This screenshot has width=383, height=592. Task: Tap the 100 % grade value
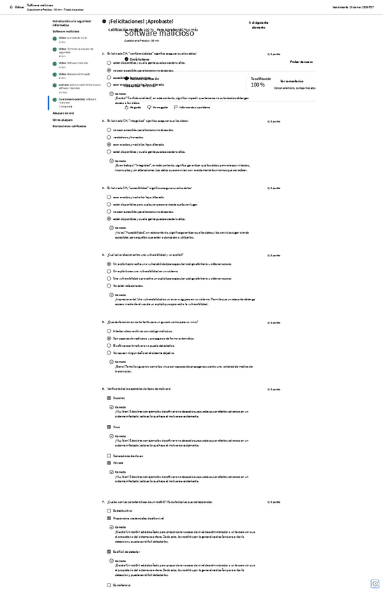tap(257, 84)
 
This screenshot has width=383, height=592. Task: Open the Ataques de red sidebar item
tap(63, 112)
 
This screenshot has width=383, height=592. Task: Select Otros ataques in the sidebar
tap(62, 119)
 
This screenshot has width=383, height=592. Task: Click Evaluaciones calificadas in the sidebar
tap(69, 126)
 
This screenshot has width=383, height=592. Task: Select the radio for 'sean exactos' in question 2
tap(109, 145)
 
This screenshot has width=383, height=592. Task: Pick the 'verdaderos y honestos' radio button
tap(109, 137)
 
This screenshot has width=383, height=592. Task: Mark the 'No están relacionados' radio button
tap(109, 286)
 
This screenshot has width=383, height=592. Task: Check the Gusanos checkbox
tap(109, 398)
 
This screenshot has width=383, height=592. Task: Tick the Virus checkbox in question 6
tap(109, 427)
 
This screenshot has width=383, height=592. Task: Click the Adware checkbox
tap(109, 463)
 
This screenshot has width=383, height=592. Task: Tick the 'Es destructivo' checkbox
tap(109, 511)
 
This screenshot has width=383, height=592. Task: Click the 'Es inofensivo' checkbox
tap(109, 585)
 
